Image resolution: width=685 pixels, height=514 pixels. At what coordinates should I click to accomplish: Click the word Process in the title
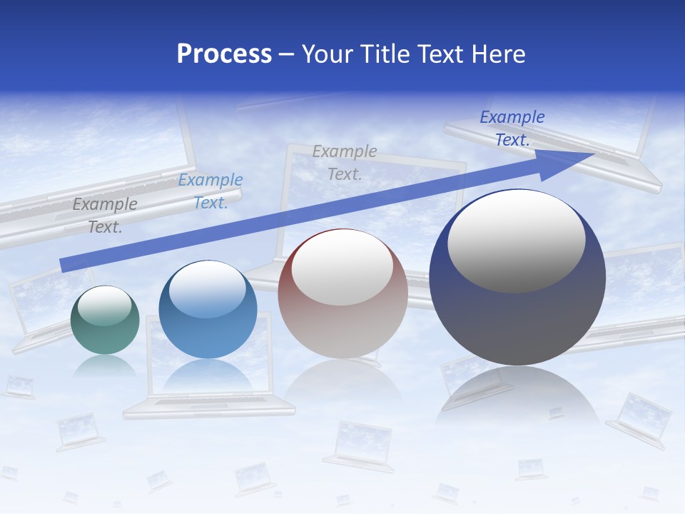(x=224, y=54)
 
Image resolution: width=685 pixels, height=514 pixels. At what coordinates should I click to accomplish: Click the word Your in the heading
(x=327, y=54)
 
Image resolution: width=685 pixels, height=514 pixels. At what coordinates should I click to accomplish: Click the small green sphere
(x=105, y=320)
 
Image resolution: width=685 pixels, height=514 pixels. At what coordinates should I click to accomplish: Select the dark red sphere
(x=342, y=293)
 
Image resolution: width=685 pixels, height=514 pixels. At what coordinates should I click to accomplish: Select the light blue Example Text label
(x=210, y=191)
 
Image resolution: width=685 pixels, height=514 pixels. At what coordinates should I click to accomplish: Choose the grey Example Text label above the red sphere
(x=345, y=162)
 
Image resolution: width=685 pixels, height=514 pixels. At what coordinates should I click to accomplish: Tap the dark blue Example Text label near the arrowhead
(x=512, y=128)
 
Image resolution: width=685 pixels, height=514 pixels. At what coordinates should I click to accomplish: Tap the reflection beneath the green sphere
(x=105, y=366)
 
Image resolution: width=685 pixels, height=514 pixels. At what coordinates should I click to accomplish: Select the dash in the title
(x=287, y=54)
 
